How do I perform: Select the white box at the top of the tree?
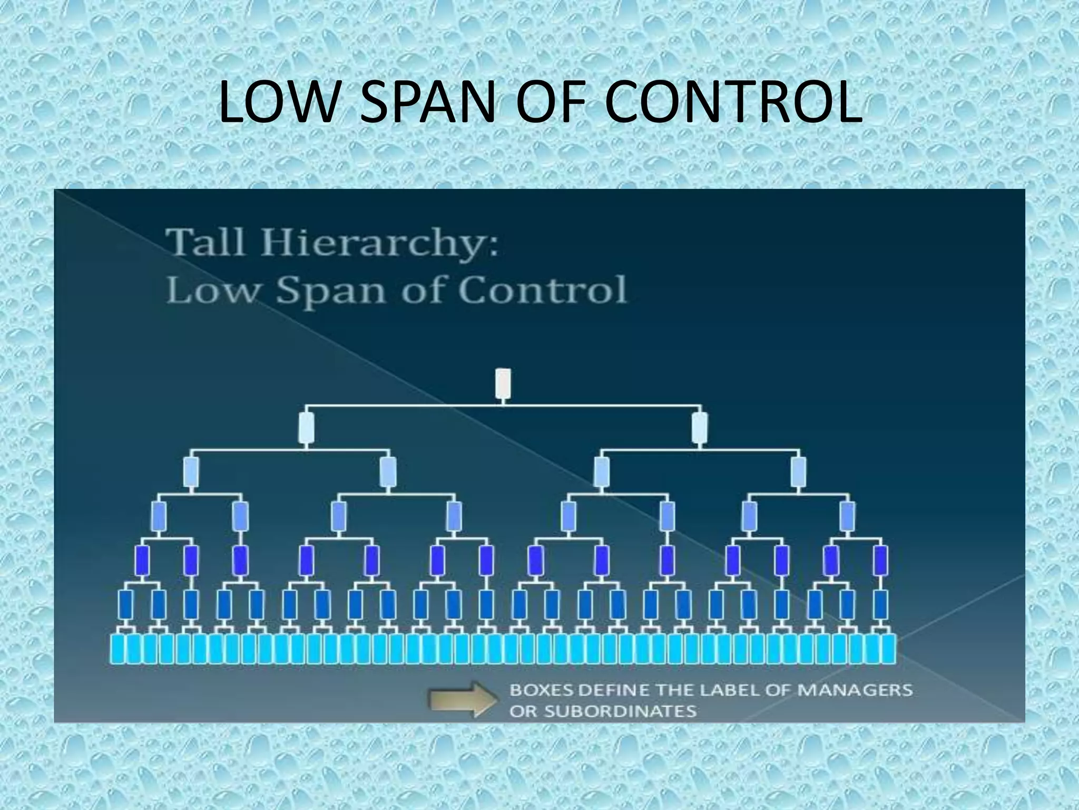(x=503, y=383)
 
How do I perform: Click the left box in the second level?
(x=307, y=428)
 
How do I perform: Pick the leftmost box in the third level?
(x=191, y=472)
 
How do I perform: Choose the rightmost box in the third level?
(x=798, y=472)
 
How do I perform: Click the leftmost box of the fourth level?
(x=159, y=516)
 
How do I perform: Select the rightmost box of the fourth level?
(x=847, y=516)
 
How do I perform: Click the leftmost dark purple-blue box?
(x=142, y=561)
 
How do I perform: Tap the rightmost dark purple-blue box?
(x=880, y=561)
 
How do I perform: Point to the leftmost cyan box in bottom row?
(x=118, y=649)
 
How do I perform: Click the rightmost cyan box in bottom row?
(x=888, y=649)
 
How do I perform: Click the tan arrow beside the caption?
(x=463, y=699)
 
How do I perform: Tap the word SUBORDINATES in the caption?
(x=620, y=711)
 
